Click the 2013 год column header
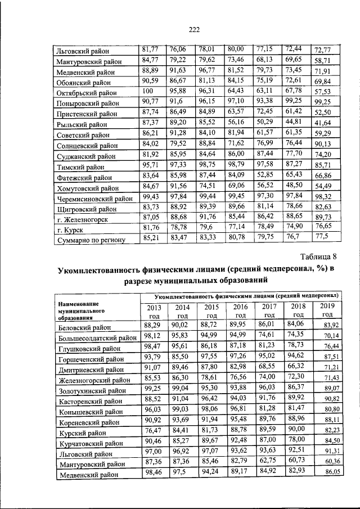click(154, 310)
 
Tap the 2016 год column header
click(240, 310)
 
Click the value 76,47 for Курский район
click(152, 431)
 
